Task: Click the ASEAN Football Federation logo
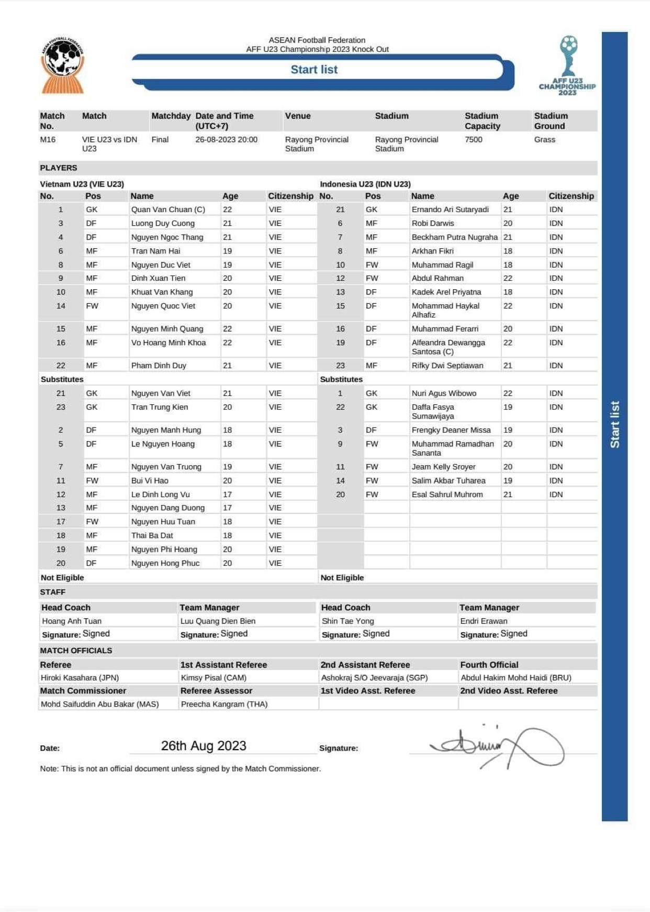[62, 65]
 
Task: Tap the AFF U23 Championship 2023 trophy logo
[567, 65]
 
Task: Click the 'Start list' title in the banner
[314, 70]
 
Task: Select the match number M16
[48, 140]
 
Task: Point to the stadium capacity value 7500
[474, 140]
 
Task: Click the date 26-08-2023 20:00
[226, 140]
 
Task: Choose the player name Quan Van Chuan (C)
[168, 210]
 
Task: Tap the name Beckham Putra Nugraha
[454, 237]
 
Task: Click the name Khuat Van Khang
[162, 292]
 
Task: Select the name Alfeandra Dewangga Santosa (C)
[448, 347]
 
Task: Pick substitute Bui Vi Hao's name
[150, 481]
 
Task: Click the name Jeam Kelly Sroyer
[443, 467]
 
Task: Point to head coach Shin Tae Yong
[348, 621]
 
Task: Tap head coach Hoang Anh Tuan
[72, 621]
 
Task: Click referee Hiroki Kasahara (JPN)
[80, 678]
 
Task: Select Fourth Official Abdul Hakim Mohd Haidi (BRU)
[515, 678]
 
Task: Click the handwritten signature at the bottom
[497, 746]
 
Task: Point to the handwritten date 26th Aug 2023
[204, 746]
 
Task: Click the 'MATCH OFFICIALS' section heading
[76, 651]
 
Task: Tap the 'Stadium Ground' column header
[551, 121]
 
